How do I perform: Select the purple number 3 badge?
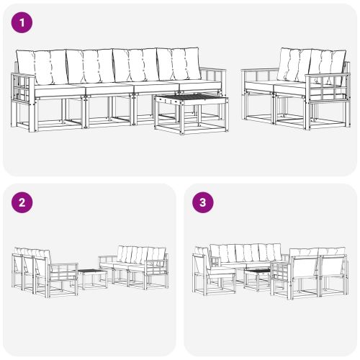pos(204,202)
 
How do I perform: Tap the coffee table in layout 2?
pos(92,277)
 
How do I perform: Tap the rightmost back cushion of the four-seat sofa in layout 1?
pos(189,63)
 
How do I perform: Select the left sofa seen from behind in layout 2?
pos(36,269)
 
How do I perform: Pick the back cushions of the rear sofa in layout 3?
pos(245,253)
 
